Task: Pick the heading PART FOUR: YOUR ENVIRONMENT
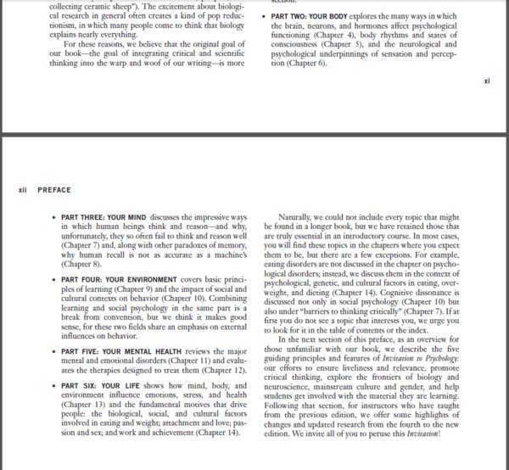pos(116,278)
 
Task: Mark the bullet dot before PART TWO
pos(265,16)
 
